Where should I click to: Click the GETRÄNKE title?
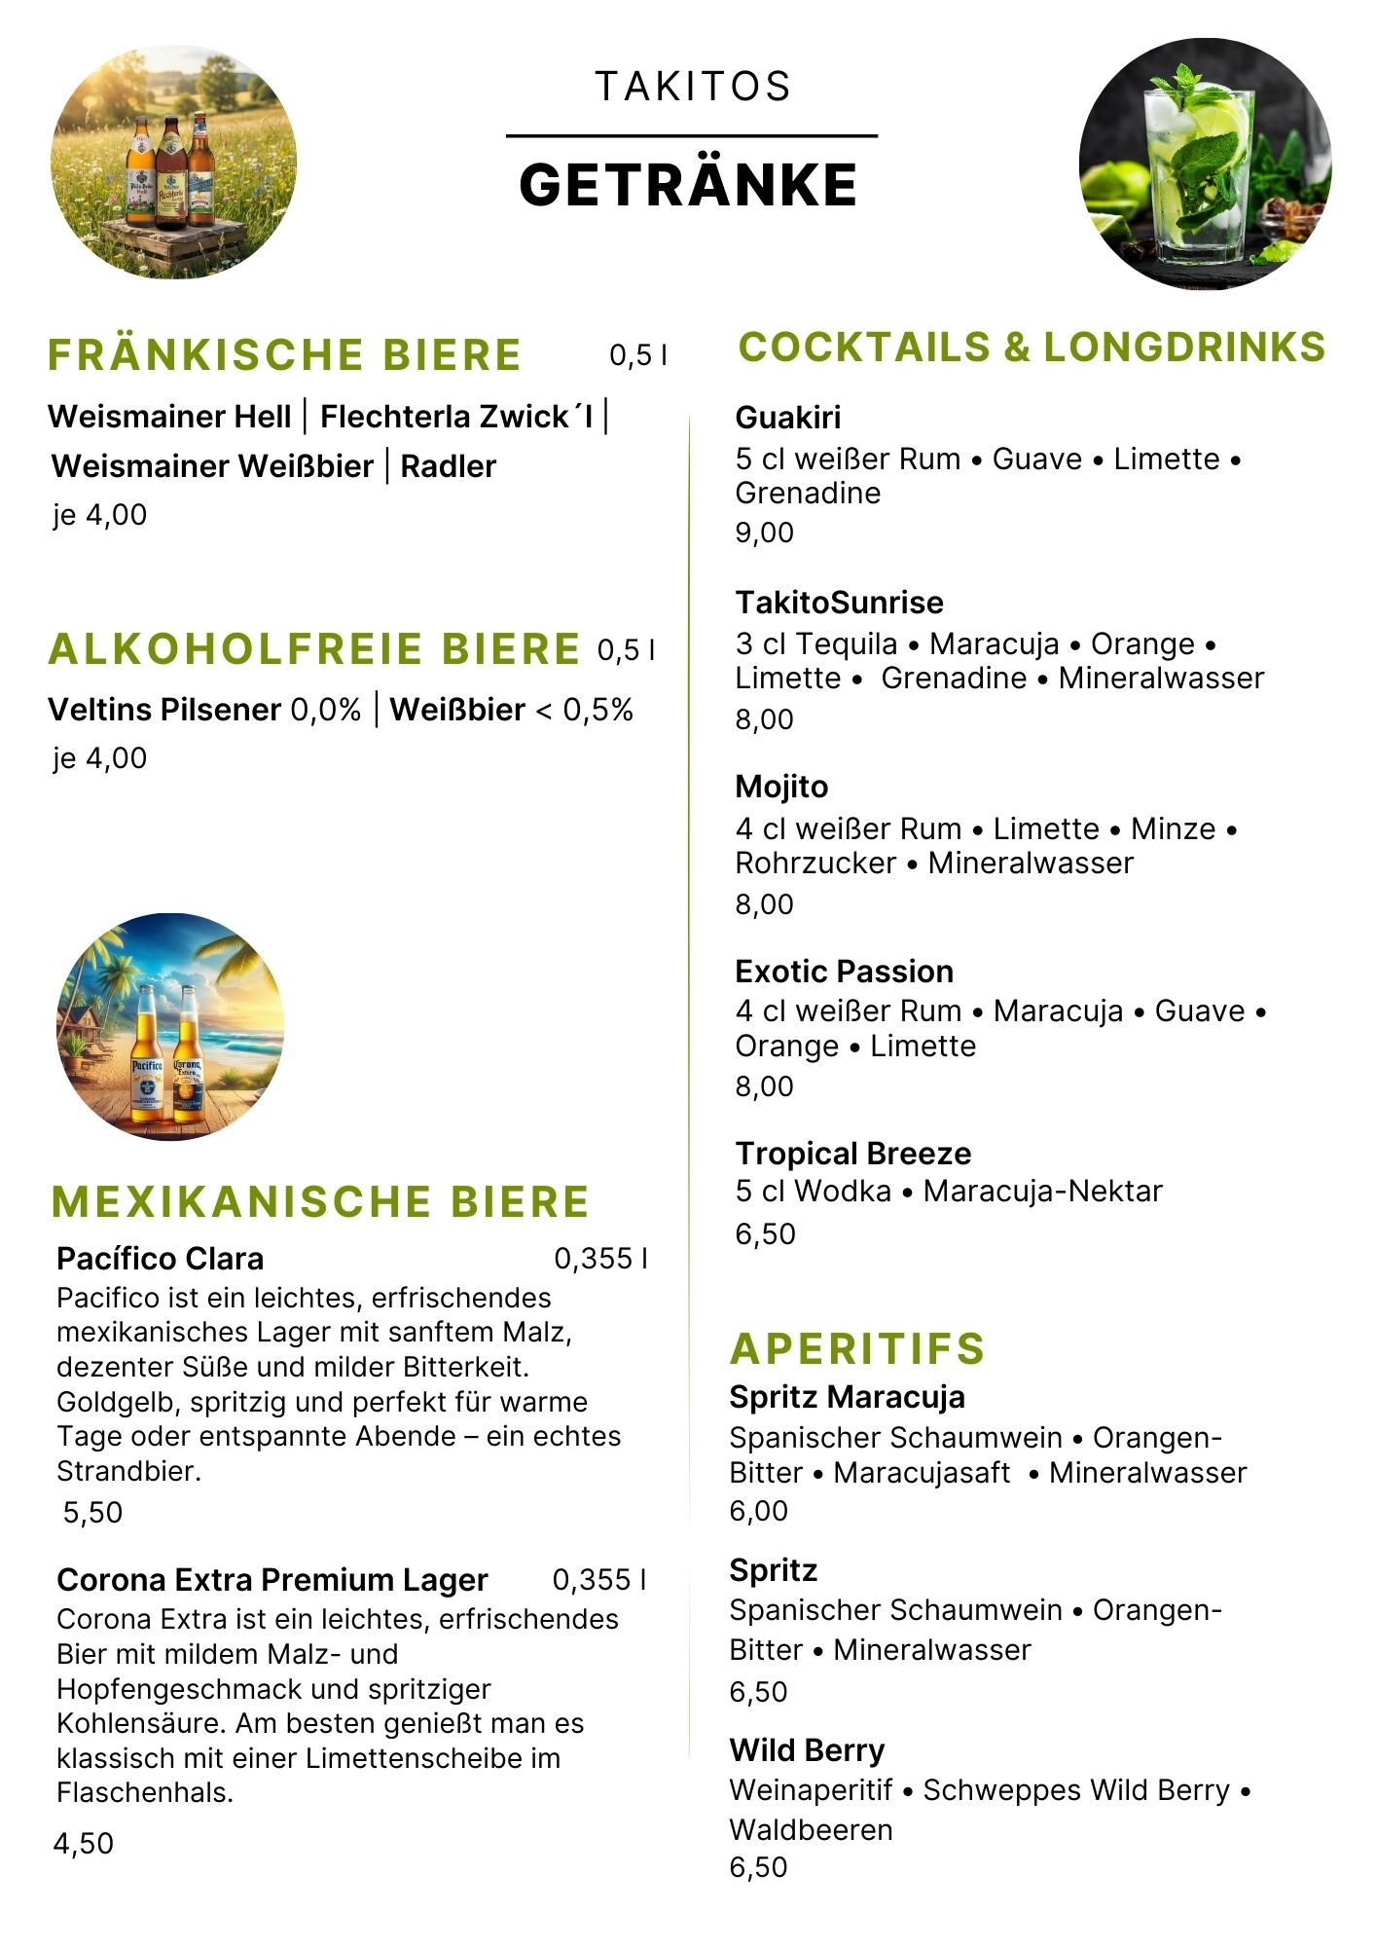[x=688, y=185]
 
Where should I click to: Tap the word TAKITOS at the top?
[x=693, y=87]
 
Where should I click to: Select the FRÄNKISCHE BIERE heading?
[x=284, y=354]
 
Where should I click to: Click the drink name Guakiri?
[x=787, y=418]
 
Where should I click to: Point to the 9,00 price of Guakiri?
[x=764, y=533]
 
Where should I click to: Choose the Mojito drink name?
[x=781, y=787]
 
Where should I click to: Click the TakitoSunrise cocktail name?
[x=839, y=603]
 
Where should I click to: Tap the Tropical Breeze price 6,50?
[x=765, y=1233]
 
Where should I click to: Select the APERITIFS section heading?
[x=857, y=1348]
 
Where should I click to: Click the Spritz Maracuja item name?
[x=847, y=1397]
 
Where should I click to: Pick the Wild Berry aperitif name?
[x=807, y=1750]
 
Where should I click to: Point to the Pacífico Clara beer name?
[x=160, y=1259]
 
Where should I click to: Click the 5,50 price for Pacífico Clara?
[x=92, y=1512]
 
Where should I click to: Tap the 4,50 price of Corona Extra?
[x=84, y=1843]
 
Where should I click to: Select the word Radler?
[x=448, y=466]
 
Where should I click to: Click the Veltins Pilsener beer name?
[x=164, y=710]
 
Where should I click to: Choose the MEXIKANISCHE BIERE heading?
[x=320, y=1201]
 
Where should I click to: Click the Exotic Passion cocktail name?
[x=844, y=972]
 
